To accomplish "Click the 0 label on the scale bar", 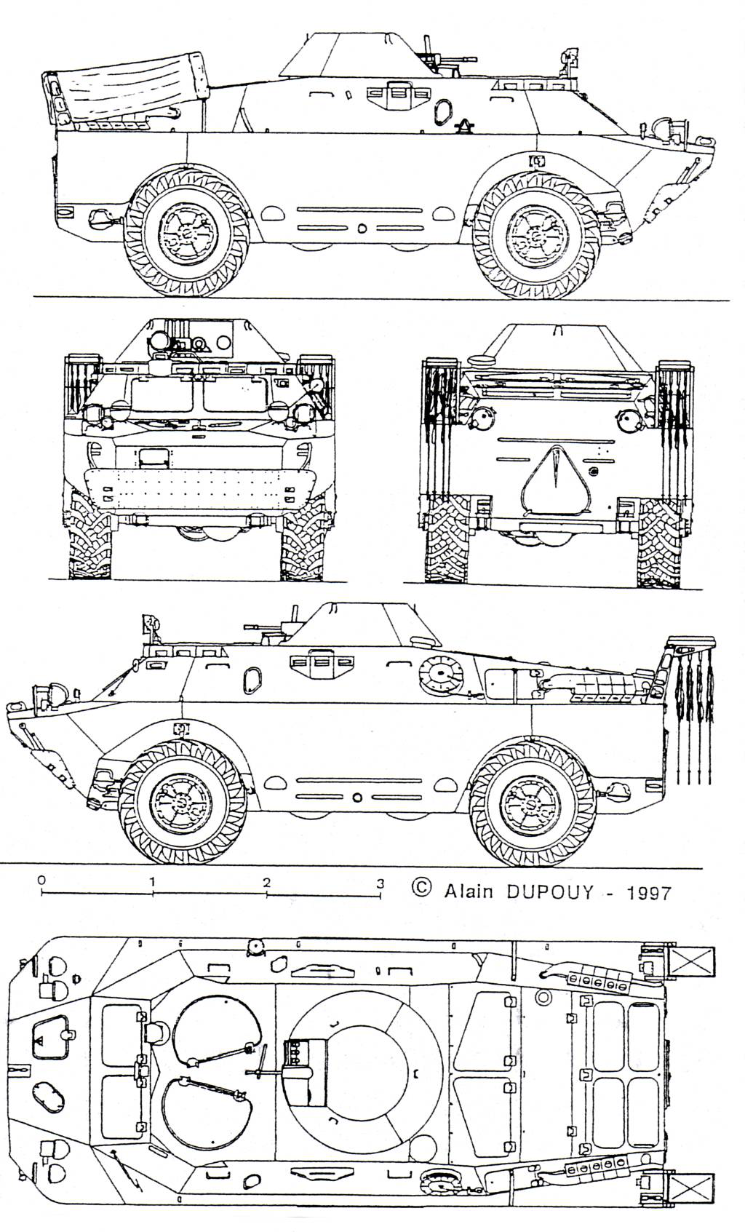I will point(41,880).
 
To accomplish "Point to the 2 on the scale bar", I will point(267,883).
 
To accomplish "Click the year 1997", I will point(645,891).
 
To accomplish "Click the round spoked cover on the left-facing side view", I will point(442,675).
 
